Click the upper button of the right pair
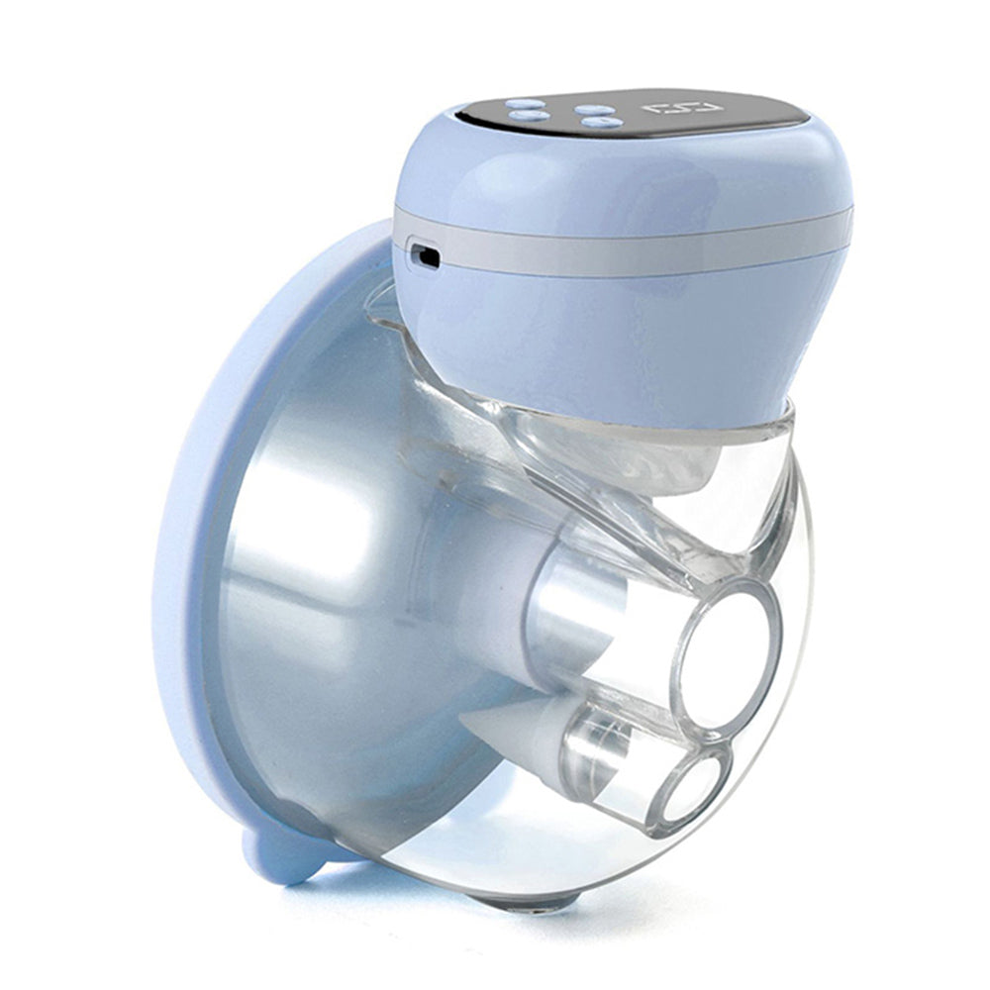click(594, 109)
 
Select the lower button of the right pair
click(603, 123)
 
